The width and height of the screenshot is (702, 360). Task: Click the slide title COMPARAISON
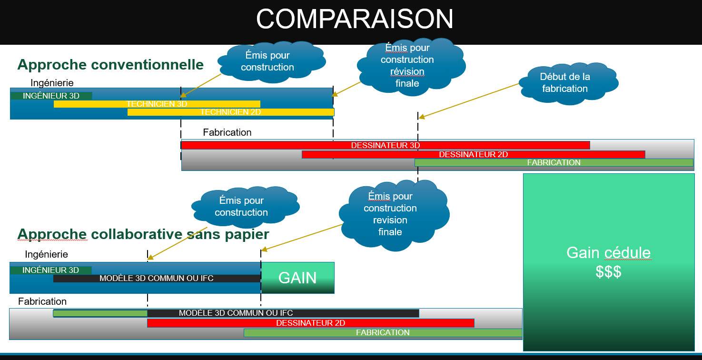[355, 19]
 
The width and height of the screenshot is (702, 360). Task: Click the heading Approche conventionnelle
[110, 65]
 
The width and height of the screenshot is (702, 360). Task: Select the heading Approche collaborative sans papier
[143, 234]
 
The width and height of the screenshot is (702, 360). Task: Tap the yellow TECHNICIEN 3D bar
[157, 104]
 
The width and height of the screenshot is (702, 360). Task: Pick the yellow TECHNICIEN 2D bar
[231, 112]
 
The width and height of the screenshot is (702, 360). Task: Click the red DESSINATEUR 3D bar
[386, 145]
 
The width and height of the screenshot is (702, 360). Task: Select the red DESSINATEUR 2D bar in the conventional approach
[473, 154]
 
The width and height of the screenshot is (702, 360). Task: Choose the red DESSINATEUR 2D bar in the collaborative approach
[311, 323]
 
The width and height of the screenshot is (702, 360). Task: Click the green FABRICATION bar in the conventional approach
[554, 162]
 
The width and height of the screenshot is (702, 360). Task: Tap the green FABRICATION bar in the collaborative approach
[383, 333]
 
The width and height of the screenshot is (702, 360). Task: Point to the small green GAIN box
[298, 278]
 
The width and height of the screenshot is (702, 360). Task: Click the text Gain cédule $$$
[609, 262]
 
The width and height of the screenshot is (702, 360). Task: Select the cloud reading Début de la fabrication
[568, 83]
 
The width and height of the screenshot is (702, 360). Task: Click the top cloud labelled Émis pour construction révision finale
[411, 66]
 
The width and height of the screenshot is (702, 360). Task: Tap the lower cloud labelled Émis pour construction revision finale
[394, 215]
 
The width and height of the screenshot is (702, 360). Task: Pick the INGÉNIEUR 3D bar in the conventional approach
[51, 96]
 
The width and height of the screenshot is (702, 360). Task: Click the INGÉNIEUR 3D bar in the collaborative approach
[51, 270]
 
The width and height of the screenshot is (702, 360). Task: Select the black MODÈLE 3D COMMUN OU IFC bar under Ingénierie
[157, 278]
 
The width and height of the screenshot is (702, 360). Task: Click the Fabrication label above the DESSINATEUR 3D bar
[227, 132]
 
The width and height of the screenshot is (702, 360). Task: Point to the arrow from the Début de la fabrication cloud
[469, 100]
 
